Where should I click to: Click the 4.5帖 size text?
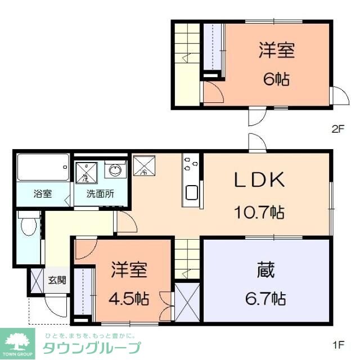point(129,298)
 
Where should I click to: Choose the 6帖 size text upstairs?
point(276,79)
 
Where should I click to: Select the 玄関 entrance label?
point(56,280)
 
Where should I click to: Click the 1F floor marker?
point(337,342)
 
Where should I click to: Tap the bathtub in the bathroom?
point(42,167)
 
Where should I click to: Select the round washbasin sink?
point(116,170)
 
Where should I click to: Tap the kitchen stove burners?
point(191,164)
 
